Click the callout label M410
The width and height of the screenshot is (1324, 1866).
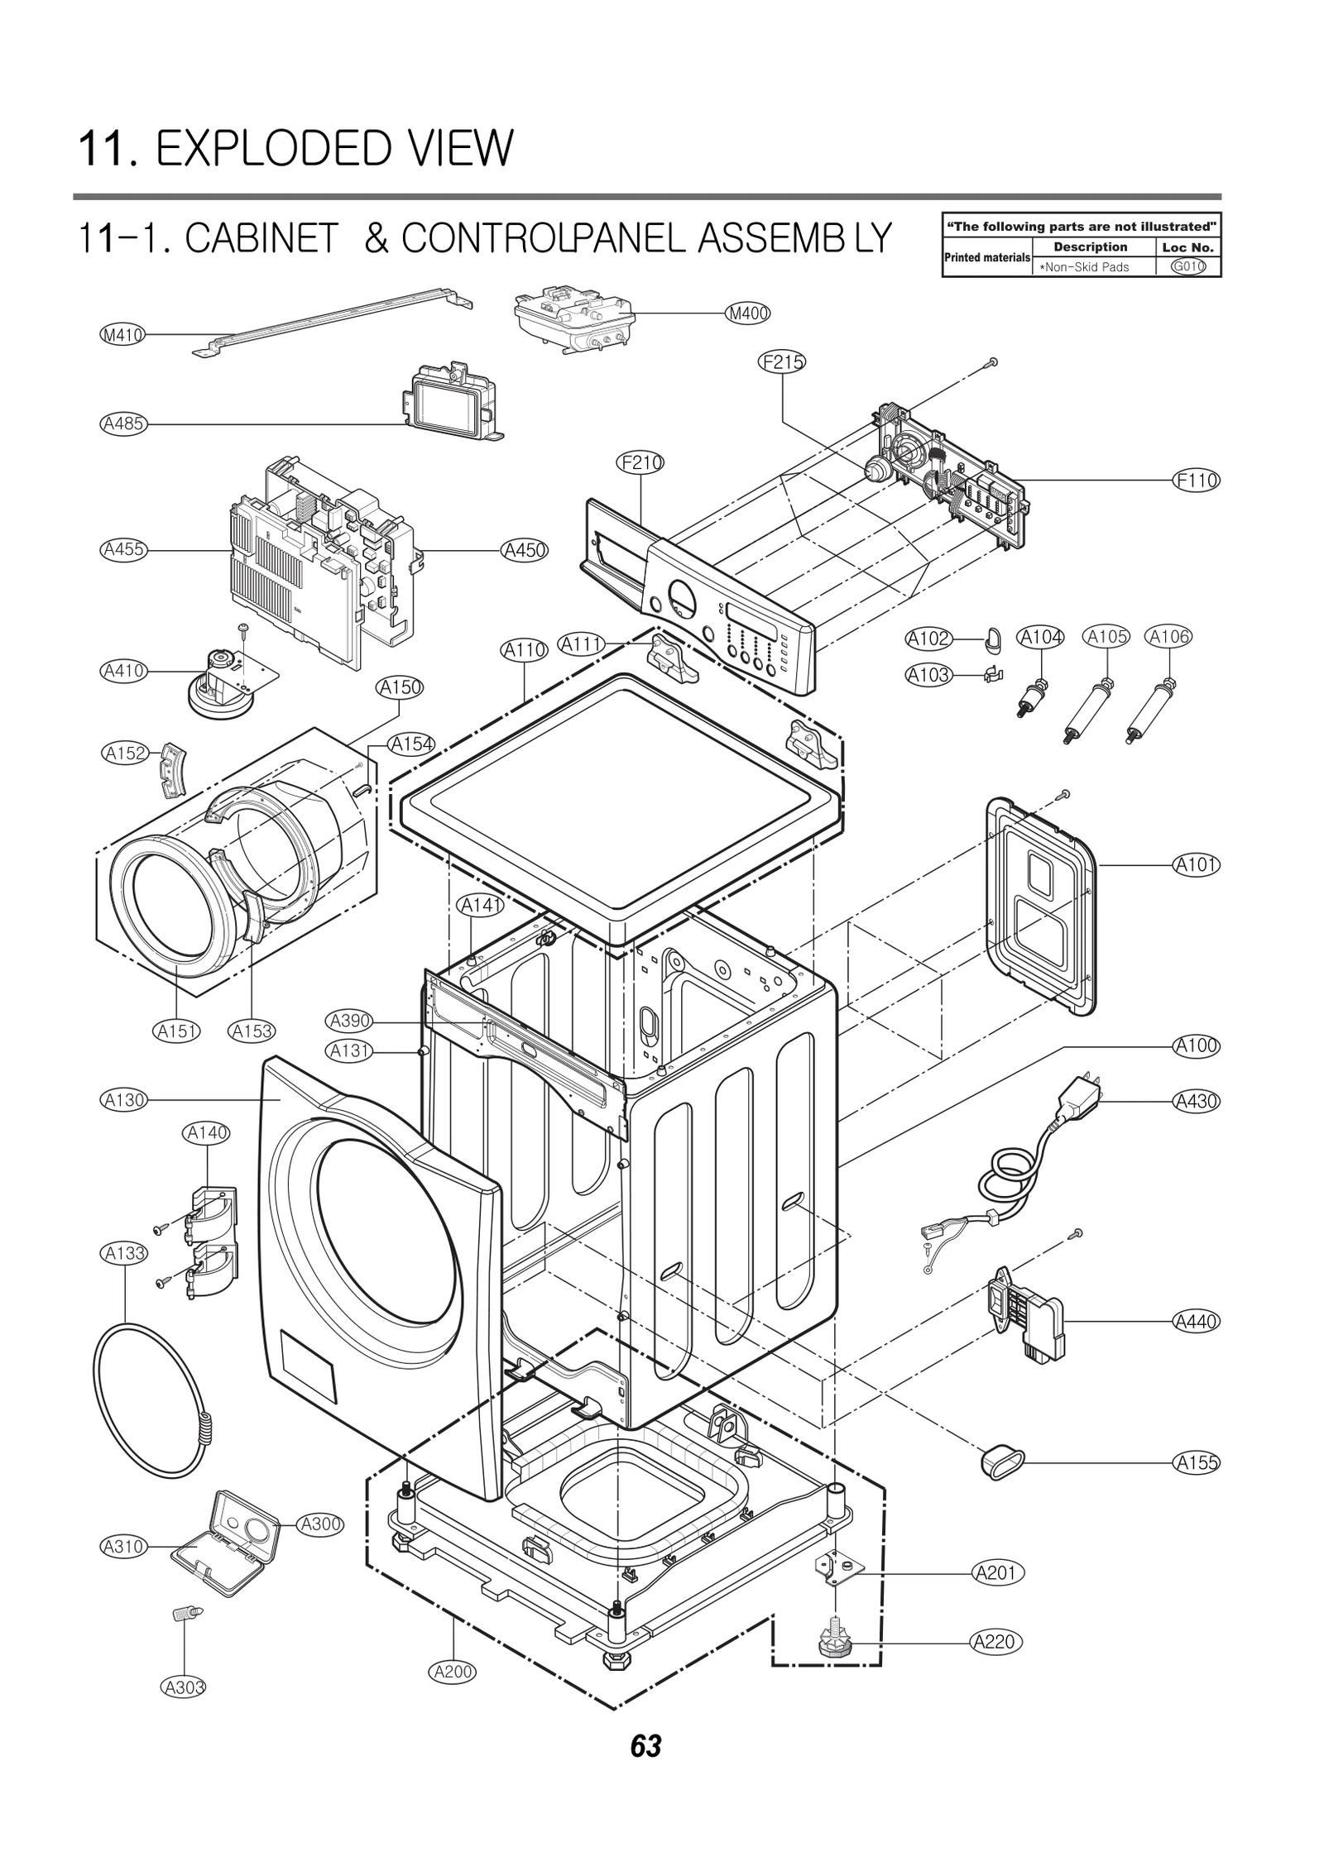(122, 335)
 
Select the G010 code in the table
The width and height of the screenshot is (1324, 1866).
(1188, 266)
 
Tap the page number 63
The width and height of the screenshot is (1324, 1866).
(645, 1746)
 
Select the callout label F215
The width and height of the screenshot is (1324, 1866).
(782, 361)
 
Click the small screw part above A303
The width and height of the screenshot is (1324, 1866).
(187, 1613)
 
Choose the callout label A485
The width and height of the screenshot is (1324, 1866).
(122, 424)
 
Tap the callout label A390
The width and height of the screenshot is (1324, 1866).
(350, 1022)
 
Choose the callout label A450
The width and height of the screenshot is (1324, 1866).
(525, 550)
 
